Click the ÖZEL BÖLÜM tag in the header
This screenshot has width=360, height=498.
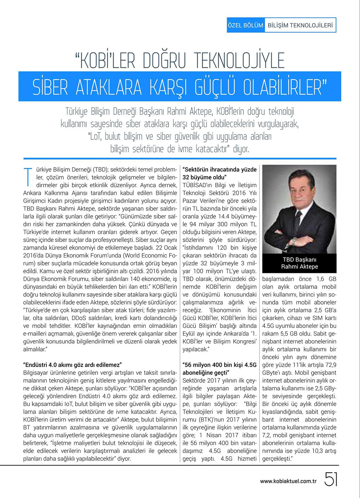[x=246, y=26]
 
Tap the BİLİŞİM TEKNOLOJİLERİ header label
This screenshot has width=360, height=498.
[x=300, y=26]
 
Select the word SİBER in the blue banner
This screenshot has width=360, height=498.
[x=50, y=87]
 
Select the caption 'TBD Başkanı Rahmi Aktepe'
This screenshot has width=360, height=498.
[x=300, y=263]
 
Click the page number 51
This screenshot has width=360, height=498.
[x=331, y=480]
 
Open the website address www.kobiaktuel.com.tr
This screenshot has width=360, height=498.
[x=288, y=481]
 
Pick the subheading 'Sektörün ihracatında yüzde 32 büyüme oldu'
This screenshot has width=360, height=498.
[x=219, y=173]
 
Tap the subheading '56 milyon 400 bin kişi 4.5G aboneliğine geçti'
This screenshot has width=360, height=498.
[x=219, y=369]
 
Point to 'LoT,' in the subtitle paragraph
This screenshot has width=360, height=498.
[x=95, y=136]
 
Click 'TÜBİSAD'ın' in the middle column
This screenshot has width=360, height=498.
[x=198, y=185]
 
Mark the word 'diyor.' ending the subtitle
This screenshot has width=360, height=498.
[x=241, y=149]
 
